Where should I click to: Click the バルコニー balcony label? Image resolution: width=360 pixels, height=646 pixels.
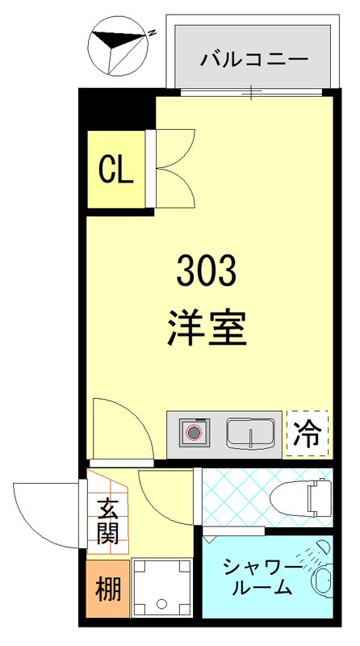[253, 58]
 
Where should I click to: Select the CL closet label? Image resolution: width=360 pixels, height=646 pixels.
[115, 170]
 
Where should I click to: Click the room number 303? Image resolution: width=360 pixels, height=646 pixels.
[207, 271]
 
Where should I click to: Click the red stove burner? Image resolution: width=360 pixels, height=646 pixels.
[195, 433]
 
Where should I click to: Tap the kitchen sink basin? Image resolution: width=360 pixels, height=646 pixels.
[250, 434]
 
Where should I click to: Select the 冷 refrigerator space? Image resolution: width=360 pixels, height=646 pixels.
[308, 435]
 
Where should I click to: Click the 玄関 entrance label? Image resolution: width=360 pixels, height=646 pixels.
[108, 521]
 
